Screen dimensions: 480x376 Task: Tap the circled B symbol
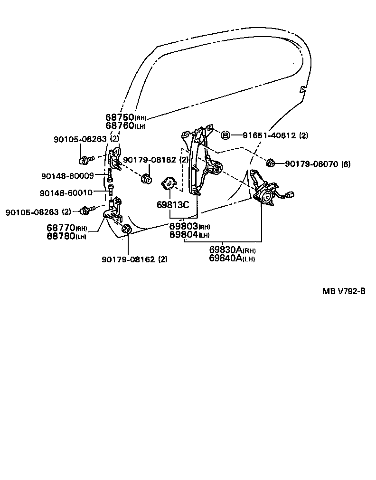click(226, 135)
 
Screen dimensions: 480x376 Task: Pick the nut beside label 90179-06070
click(271, 163)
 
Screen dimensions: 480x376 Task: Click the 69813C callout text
click(173, 205)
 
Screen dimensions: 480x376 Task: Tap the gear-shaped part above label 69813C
click(169, 183)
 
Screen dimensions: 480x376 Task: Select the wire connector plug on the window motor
click(291, 194)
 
